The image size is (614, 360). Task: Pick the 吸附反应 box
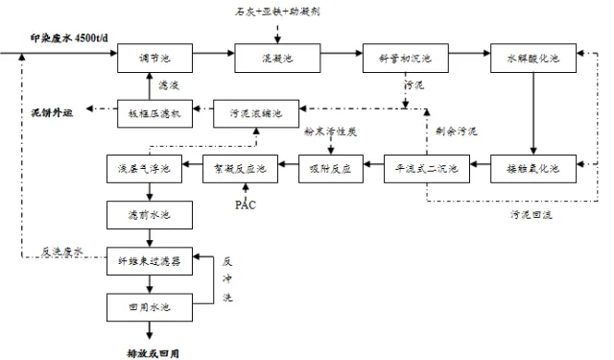329,169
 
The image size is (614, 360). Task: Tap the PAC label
246,205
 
